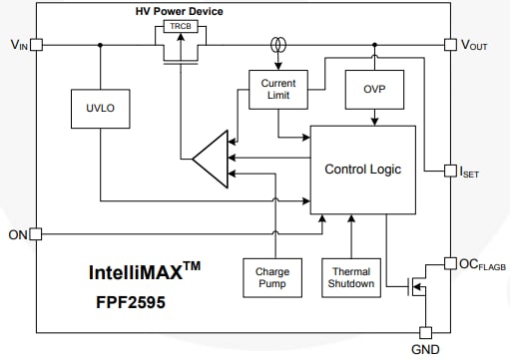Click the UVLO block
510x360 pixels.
[100, 109]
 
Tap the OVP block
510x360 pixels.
[374, 91]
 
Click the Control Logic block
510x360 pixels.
[362, 170]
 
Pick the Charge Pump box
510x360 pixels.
[271, 276]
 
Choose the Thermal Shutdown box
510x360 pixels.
[349, 276]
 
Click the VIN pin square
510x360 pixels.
[36, 45]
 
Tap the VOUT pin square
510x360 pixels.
[449, 45]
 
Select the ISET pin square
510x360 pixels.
[449, 171]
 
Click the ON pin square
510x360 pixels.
[36, 234]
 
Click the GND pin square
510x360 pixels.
[424, 332]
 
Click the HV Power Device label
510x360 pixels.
[180, 11]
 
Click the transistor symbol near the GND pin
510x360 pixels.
[414, 291]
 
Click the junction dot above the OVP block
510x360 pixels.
[374, 45]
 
